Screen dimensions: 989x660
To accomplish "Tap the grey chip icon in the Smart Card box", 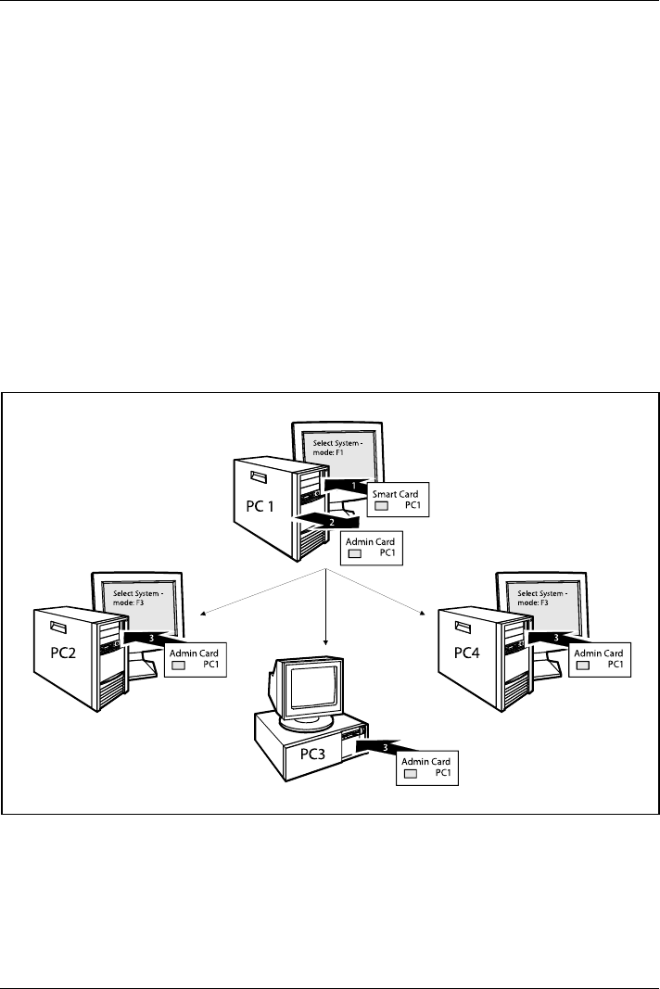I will tap(380, 507).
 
